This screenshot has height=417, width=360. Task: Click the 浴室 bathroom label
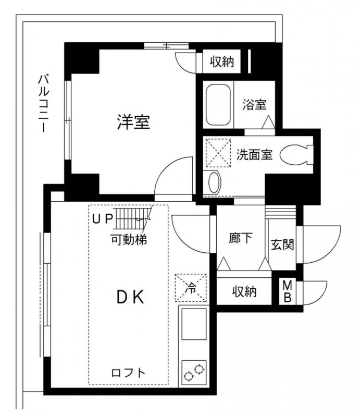[254, 104]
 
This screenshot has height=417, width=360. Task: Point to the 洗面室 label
[254, 155]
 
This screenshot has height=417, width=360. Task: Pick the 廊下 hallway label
[241, 238]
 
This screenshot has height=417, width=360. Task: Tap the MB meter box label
[287, 292]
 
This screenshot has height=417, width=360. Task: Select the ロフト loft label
[128, 373]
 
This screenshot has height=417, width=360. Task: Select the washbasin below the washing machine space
[214, 182]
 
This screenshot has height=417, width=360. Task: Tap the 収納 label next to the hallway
[244, 291]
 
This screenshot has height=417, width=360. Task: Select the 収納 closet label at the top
[222, 63]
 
